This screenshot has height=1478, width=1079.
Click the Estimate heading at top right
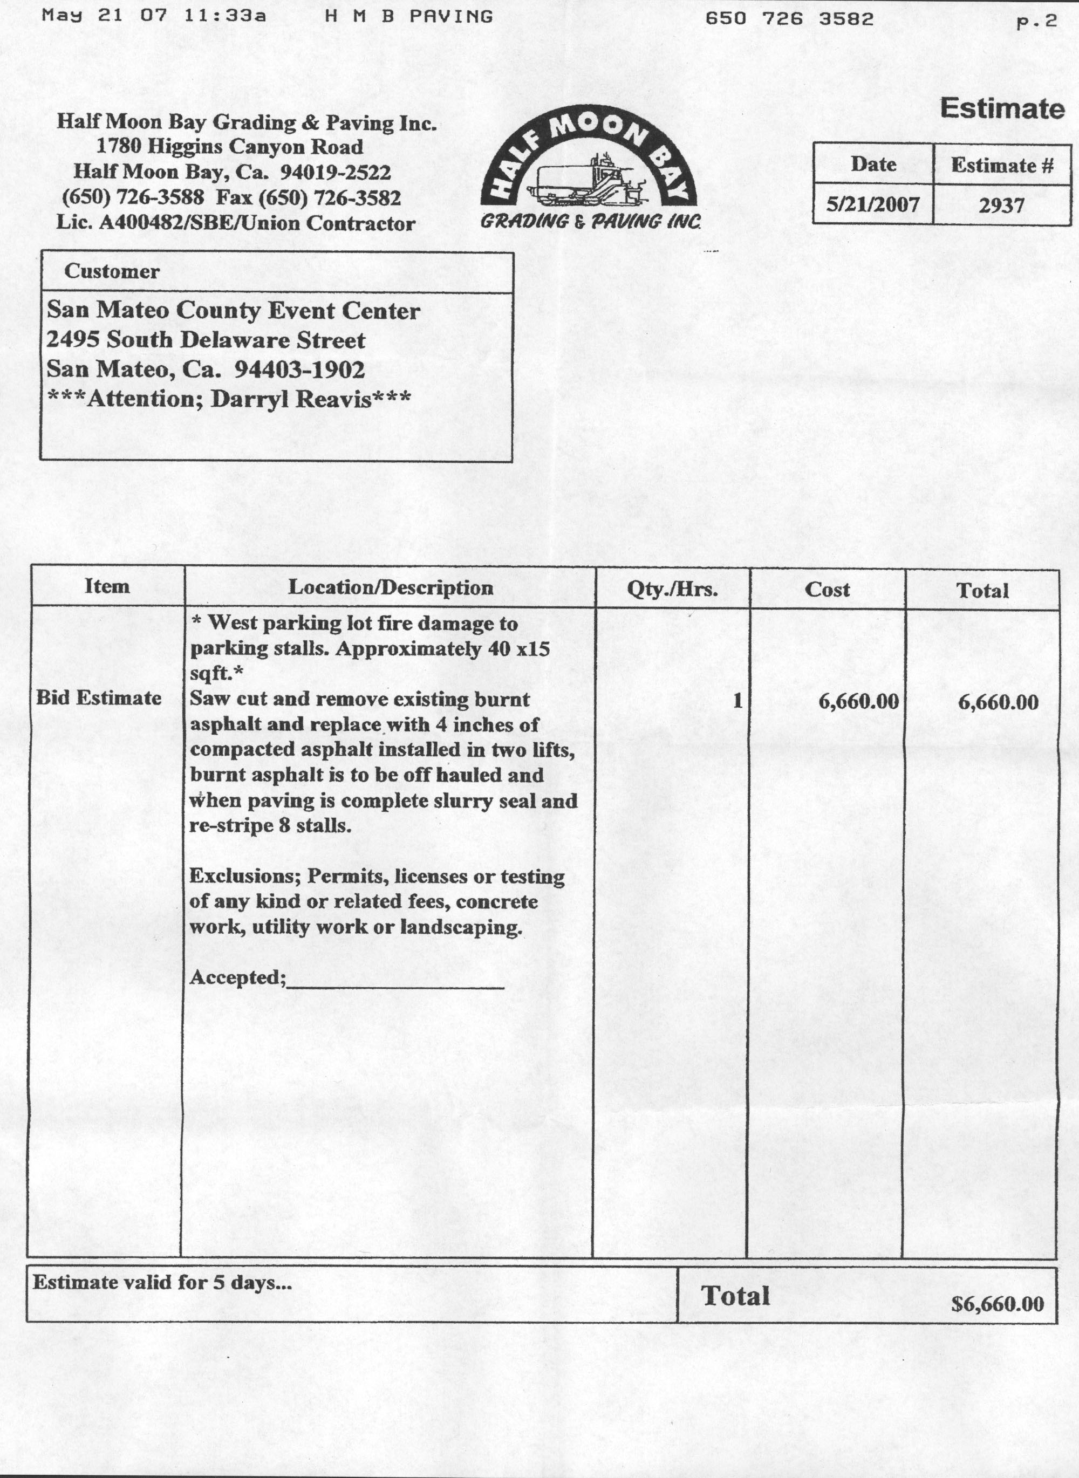tap(1001, 108)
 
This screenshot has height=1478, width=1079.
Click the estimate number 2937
tap(1001, 206)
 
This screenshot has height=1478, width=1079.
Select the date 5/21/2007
tap(872, 204)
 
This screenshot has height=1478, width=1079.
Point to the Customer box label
tap(111, 272)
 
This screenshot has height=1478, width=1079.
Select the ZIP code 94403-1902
tap(299, 369)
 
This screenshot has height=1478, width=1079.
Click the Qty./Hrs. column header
tap(672, 590)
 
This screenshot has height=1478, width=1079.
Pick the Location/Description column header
tap(391, 588)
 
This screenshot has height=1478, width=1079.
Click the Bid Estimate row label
tap(99, 697)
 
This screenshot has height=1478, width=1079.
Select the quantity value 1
tap(737, 701)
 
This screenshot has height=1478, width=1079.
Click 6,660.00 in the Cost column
tap(858, 702)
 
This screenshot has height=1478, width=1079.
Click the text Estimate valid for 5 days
tap(162, 1283)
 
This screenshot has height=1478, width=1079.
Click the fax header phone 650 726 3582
tap(788, 18)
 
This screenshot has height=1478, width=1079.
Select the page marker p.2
tap(1036, 21)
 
